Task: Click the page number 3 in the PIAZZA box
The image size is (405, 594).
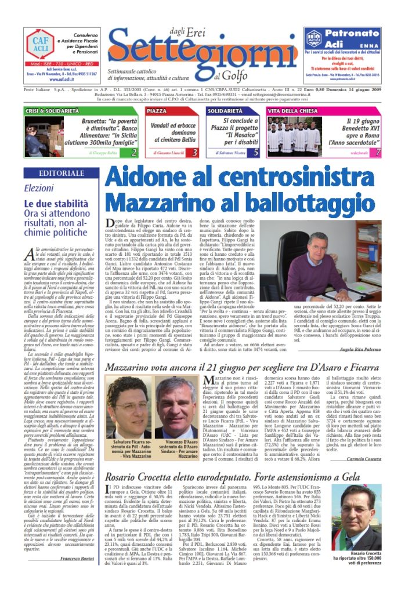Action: tap(195, 153)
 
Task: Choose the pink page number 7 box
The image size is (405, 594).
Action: tap(377, 153)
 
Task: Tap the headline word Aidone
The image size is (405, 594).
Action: tap(148, 177)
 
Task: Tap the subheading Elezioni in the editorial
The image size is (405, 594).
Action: tap(39, 188)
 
